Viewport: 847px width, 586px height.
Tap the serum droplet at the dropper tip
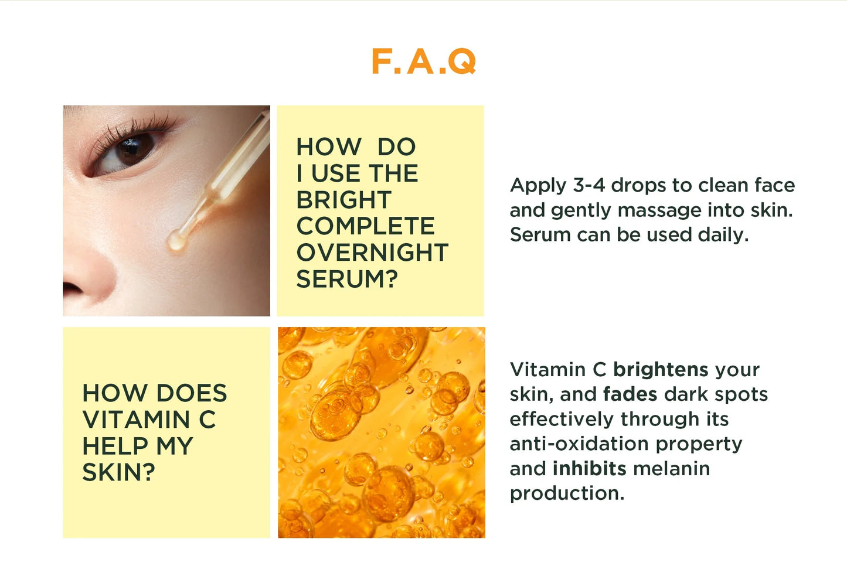click(x=176, y=240)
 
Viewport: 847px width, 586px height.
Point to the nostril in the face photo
click(x=73, y=288)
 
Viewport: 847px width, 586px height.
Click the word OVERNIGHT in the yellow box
click(x=372, y=253)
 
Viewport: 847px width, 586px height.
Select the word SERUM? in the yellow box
click(x=347, y=279)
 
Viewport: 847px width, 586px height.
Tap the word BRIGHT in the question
click(x=343, y=200)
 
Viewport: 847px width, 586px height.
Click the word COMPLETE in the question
click(x=365, y=226)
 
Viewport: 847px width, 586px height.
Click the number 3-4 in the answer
click(x=588, y=185)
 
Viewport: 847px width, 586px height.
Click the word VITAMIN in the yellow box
click(x=136, y=420)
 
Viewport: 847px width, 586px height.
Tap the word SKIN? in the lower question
click(x=118, y=472)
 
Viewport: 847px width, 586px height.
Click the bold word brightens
click(x=661, y=370)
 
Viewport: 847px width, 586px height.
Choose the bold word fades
click(x=630, y=394)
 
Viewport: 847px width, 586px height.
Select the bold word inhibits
click(x=589, y=469)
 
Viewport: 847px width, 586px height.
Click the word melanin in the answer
click(x=672, y=469)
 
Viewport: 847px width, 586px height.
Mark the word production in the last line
click(x=566, y=493)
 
